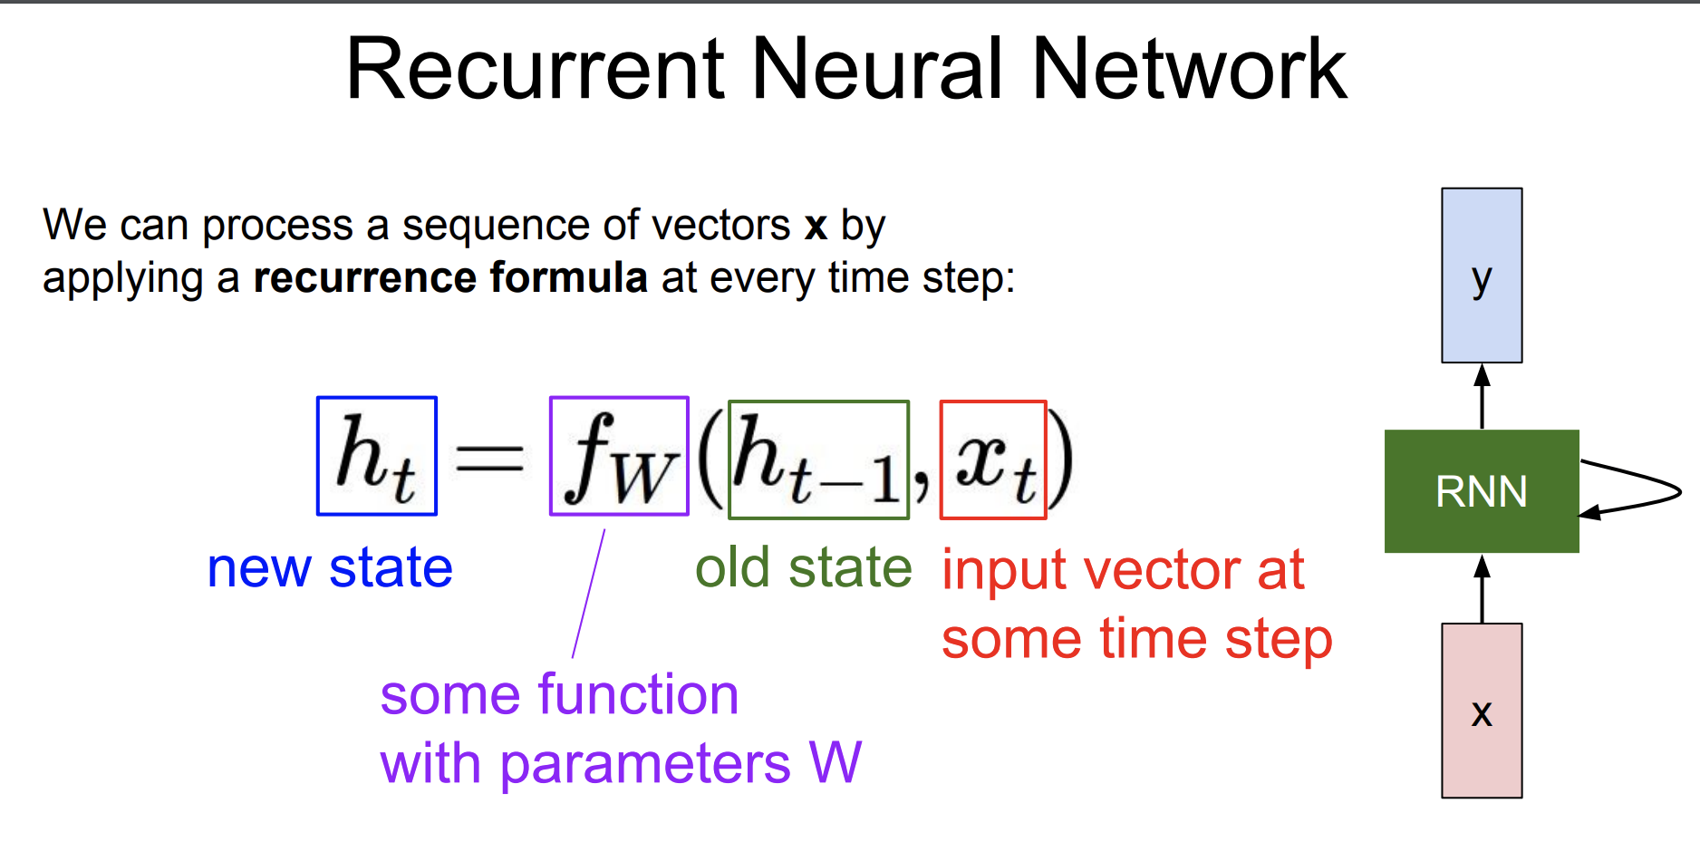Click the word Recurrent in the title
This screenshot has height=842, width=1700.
point(536,69)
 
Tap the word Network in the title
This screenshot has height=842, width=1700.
point(1189,69)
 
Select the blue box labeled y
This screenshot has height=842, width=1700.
point(1482,276)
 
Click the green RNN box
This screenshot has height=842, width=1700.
point(1482,491)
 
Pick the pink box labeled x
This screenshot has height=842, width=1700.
point(1482,711)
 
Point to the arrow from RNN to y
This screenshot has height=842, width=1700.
point(1482,396)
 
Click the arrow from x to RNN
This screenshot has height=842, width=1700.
point(1482,588)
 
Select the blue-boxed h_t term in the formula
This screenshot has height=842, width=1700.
point(377,456)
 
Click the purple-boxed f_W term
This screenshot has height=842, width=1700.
point(619,456)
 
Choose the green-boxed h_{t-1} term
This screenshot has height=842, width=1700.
point(818,460)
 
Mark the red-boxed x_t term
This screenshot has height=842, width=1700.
point(993,460)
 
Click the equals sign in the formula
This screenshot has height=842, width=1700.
point(489,457)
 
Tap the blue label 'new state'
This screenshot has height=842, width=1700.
point(330,568)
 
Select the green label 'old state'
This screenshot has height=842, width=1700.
point(803,568)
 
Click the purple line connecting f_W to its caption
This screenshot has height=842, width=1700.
point(588,594)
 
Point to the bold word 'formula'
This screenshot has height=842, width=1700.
point(568,277)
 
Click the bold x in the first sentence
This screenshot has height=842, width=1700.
point(816,227)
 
